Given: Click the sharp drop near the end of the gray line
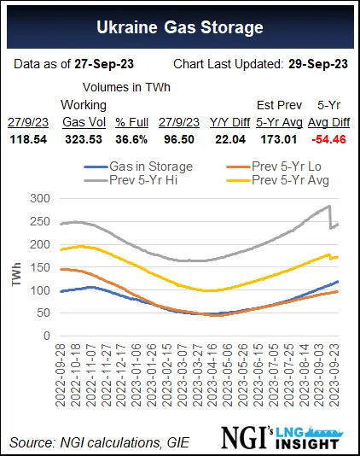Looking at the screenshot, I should [331, 217].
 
